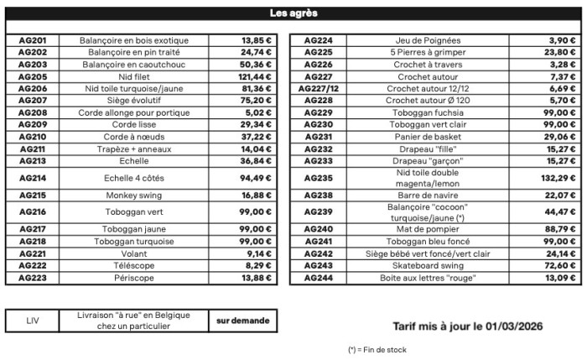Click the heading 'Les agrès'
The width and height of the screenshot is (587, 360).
pos(293,13)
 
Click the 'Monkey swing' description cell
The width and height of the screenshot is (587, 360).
pos(134,196)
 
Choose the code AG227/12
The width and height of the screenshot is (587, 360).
pos(321,88)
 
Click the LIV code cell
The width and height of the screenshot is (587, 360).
pos(33,321)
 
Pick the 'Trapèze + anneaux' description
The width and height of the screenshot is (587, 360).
pos(134,149)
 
